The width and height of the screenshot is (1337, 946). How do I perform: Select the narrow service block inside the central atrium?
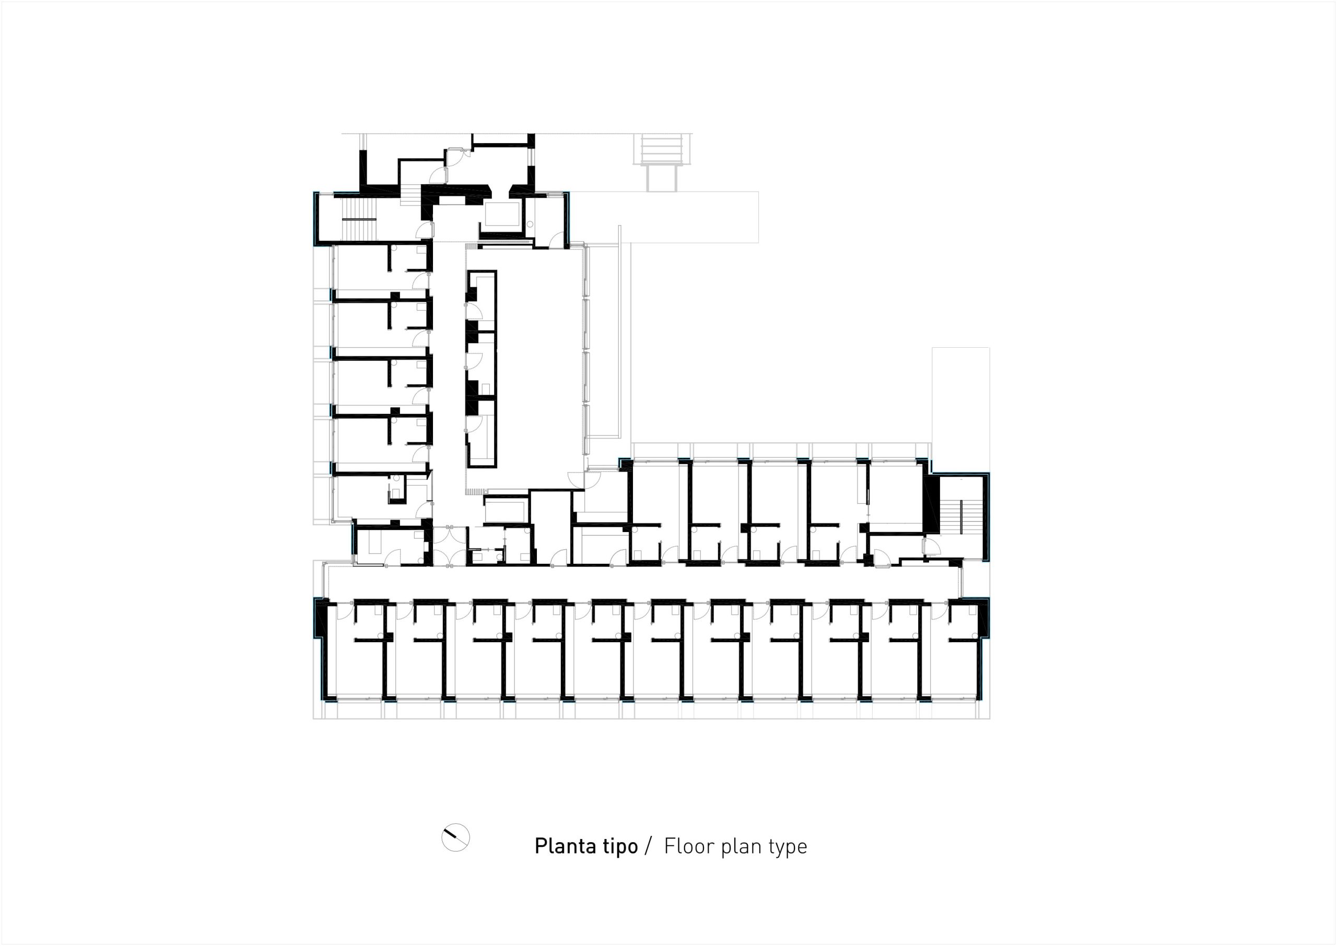[481, 369]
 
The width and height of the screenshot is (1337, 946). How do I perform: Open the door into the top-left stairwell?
[424, 231]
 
